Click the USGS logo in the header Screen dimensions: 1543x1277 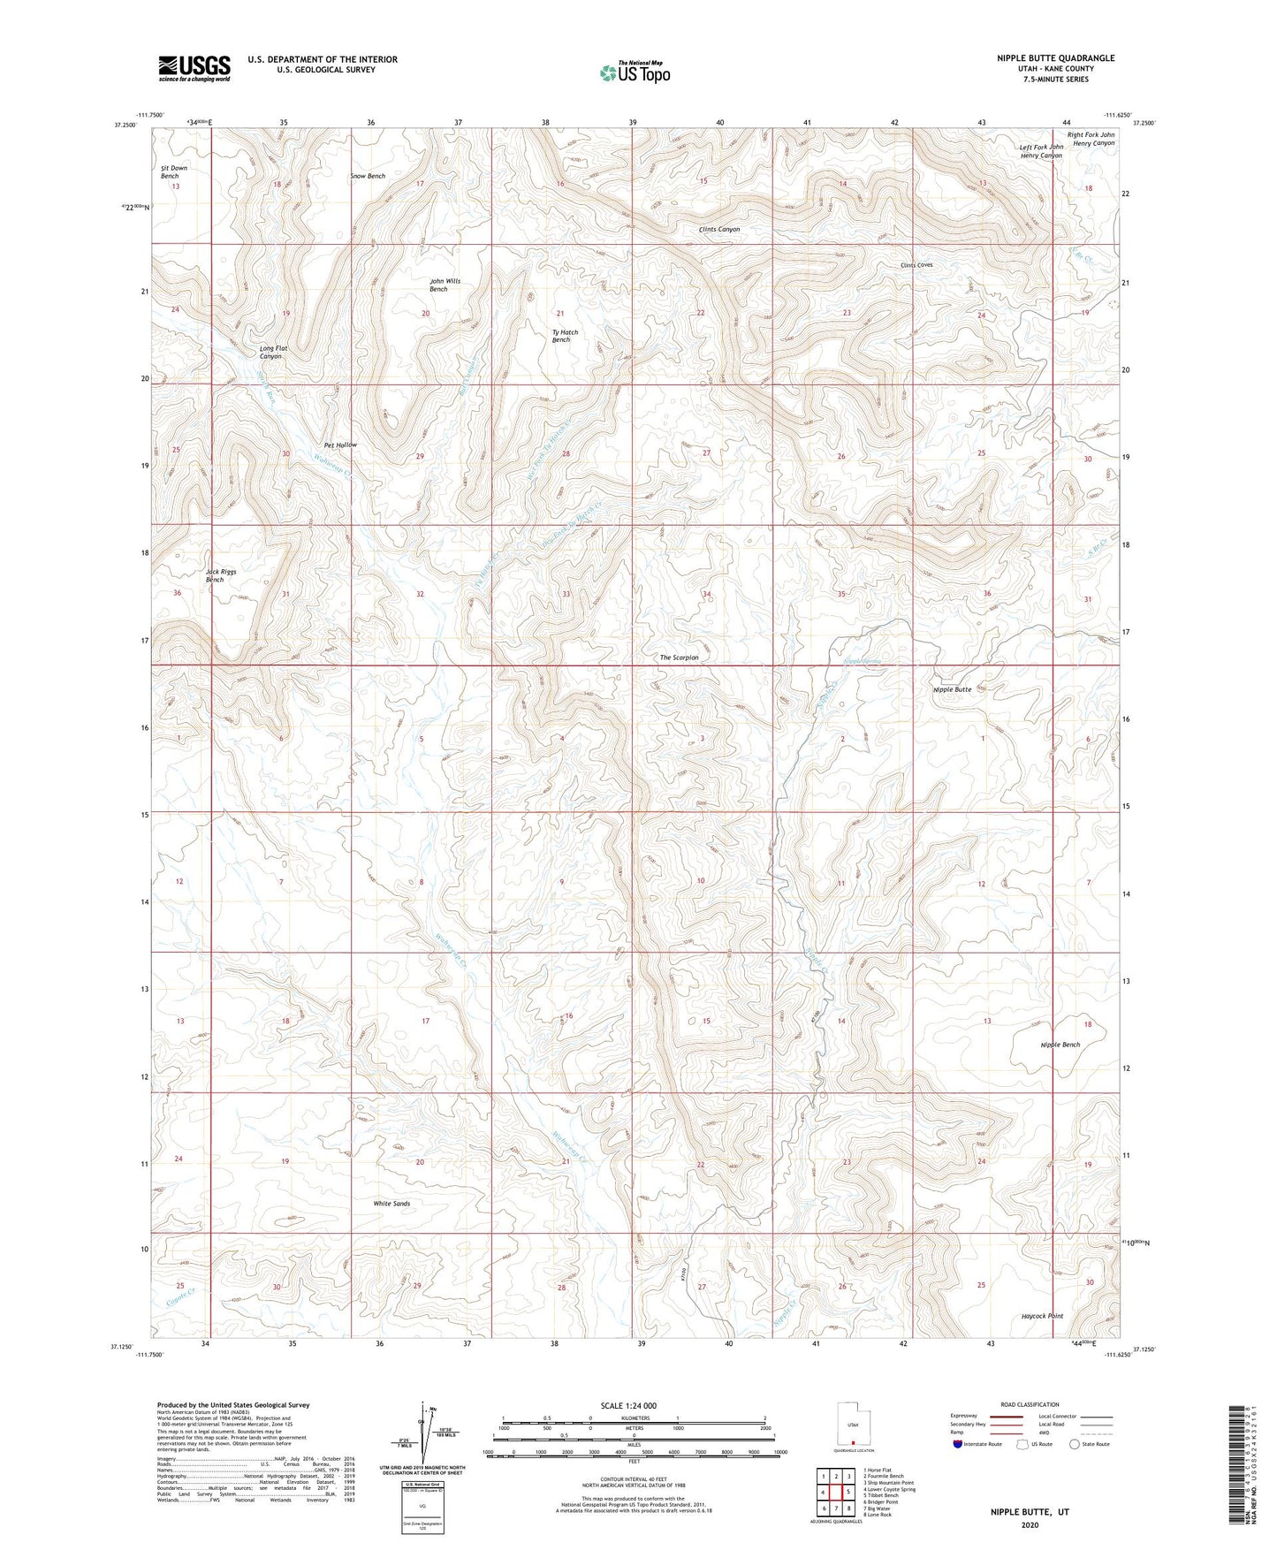coord(194,68)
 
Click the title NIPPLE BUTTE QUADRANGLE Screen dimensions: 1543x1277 coord(1055,58)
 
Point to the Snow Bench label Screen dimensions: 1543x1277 coord(368,176)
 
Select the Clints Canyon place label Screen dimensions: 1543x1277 coord(718,229)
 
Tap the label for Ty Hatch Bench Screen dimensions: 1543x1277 coord(565,336)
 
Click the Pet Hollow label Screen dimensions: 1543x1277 coord(340,445)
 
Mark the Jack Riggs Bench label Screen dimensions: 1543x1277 coord(220,575)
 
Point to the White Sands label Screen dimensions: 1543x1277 coord(391,1204)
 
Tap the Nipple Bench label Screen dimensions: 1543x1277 coord(1060,1045)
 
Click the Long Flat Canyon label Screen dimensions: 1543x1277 coord(273,352)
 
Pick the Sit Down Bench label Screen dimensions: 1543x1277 coord(173,171)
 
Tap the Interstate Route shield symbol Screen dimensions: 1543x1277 coord(959,1444)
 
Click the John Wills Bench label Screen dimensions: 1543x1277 coord(445,285)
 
